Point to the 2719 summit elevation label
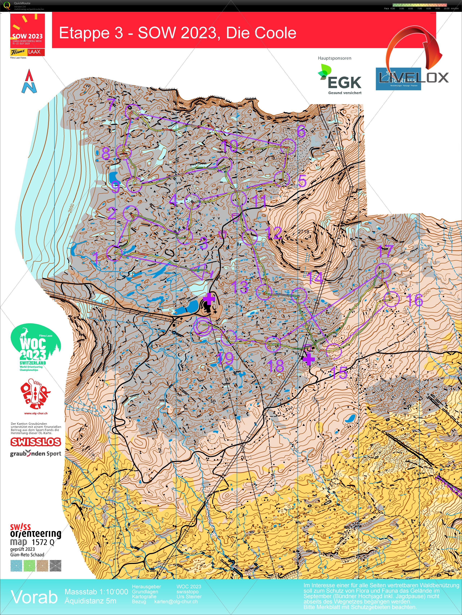(303, 231)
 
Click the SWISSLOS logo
(36, 442)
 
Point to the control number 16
(414, 300)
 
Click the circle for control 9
(134, 185)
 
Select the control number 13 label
(240, 287)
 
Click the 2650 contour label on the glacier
(71, 209)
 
